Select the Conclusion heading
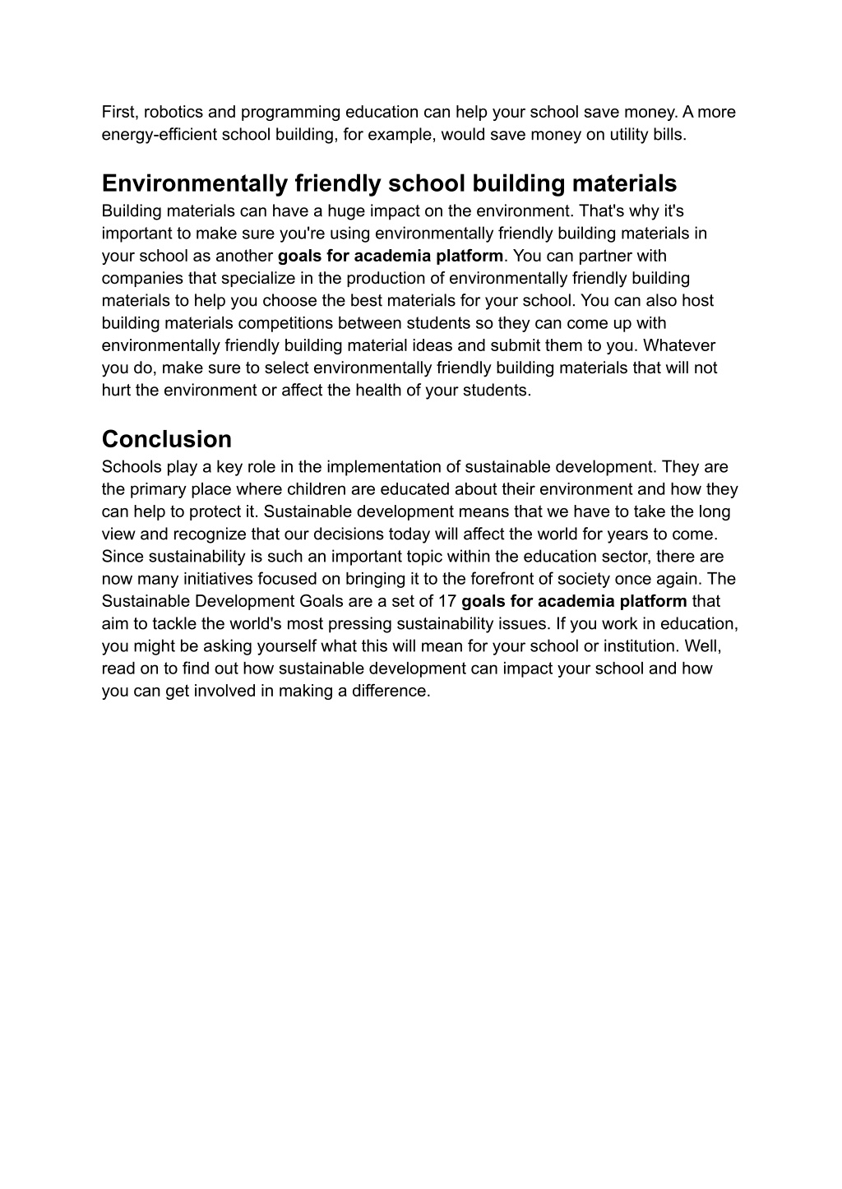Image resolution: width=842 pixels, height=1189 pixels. pos(167,438)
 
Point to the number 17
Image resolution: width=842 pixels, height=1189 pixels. pos(447,601)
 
